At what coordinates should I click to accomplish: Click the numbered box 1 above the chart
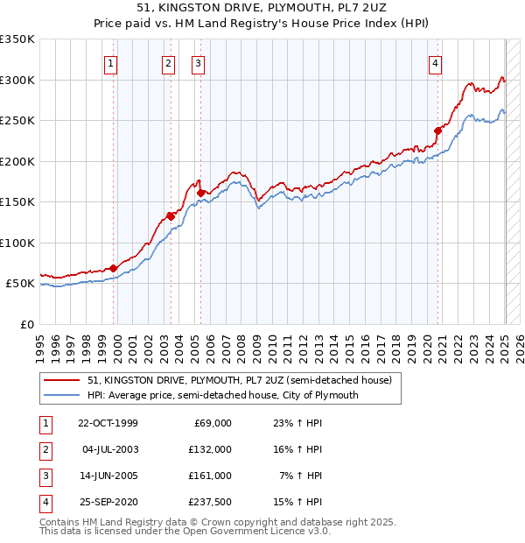pos(112,63)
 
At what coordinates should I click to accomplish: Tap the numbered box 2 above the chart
pos(168,63)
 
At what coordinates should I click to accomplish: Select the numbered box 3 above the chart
pos(198,63)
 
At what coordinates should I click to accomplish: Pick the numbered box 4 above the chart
pos(435,63)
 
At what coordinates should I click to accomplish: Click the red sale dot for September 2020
pos(437,130)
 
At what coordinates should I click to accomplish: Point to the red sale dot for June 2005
pos(200,193)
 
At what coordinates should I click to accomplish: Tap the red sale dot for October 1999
pos(114,268)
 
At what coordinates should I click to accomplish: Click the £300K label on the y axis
pos(17,80)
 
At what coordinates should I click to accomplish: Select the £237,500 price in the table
pos(211,502)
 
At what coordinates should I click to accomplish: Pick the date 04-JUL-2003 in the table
pos(108,449)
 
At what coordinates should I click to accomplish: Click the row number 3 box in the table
pos(45,476)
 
